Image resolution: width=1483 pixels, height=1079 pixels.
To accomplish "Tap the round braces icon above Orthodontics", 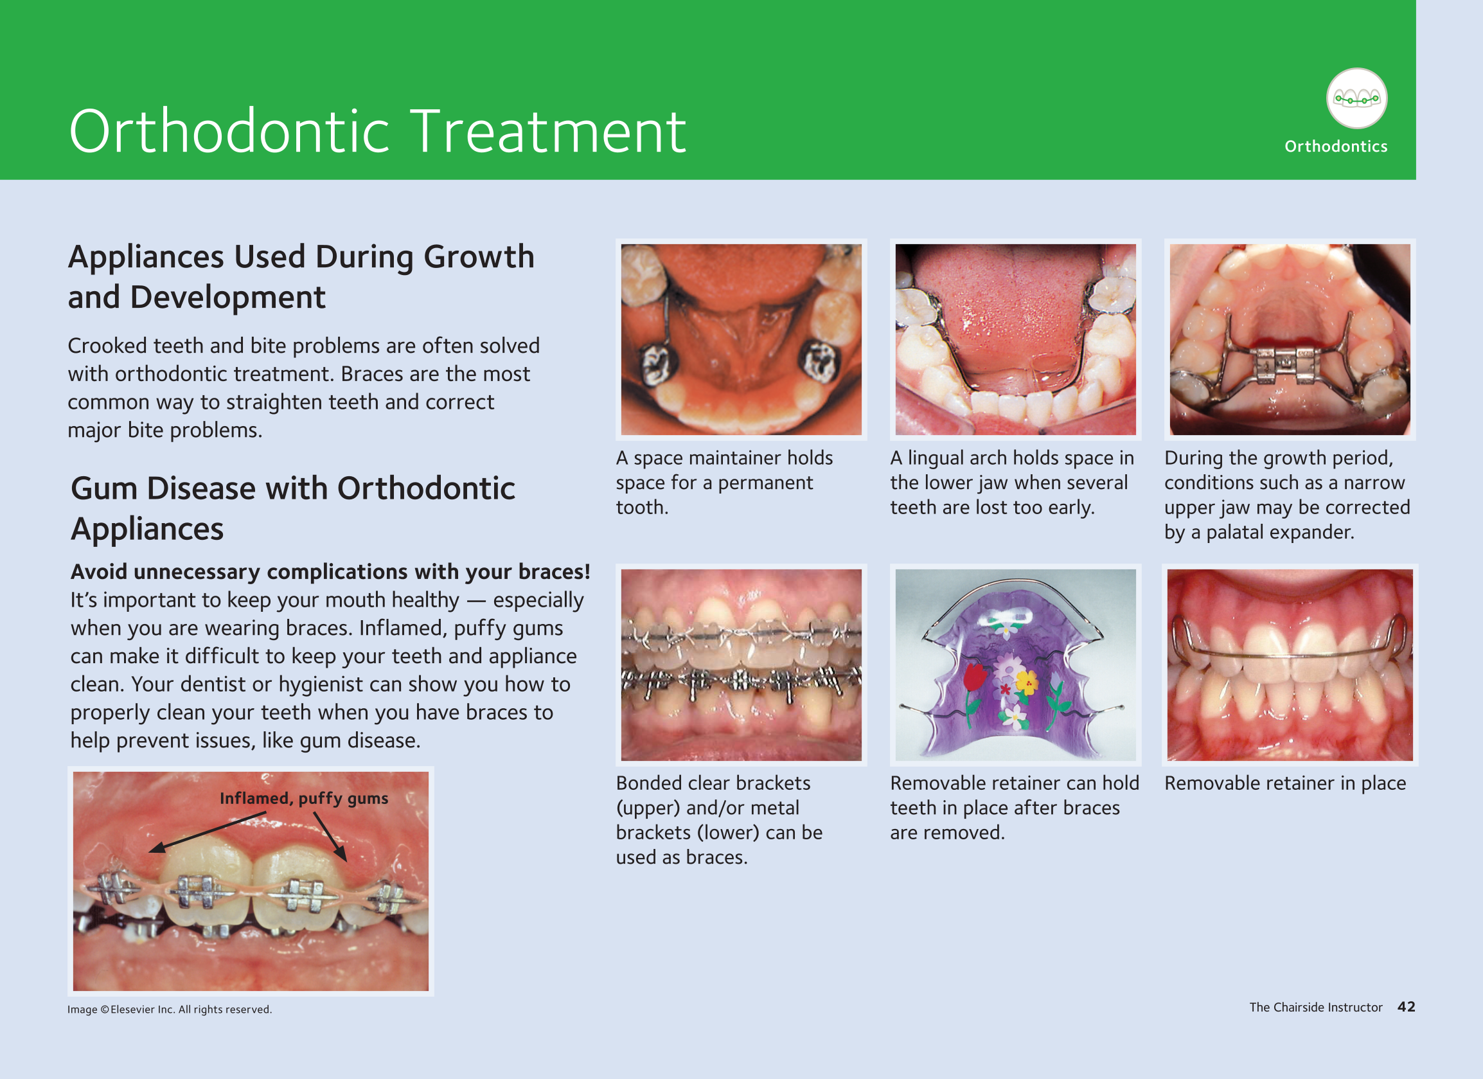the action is tap(1356, 99).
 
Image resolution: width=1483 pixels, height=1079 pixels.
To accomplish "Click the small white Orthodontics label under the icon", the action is tap(1336, 147).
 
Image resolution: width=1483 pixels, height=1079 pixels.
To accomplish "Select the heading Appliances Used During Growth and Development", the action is tap(301, 276).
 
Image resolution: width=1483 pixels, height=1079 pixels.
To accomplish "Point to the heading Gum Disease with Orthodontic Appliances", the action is tap(293, 508).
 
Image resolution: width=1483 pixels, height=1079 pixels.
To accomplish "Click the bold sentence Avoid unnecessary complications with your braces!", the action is tap(330, 571).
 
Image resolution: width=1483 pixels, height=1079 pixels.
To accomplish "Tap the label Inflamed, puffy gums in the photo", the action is tap(304, 798).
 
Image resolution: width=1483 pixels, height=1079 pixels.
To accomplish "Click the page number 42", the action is tap(1407, 1006).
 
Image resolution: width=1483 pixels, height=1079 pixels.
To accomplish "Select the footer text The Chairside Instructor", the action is tap(1315, 1007).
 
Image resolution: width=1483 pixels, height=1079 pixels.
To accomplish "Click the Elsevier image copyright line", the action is tap(170, 1009).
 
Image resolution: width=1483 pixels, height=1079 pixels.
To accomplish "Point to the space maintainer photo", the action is tap(741, 339).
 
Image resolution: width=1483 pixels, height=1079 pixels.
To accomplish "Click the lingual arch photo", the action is tap(1015, 339).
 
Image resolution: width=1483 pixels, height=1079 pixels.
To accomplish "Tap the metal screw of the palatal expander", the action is tap(1284, 364).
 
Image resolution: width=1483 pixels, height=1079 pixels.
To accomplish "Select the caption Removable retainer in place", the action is tap(1285, 783).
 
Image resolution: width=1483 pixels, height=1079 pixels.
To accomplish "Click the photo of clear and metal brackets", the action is tap(741, 665).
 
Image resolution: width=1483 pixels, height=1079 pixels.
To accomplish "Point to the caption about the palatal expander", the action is tap(1287, 495).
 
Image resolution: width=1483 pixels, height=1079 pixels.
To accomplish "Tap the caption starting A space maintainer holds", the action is tap(725, 483).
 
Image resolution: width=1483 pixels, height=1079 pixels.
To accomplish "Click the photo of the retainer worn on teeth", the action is tap(1290, 665).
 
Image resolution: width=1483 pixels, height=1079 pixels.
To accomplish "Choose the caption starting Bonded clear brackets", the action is tap(719, 820).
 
